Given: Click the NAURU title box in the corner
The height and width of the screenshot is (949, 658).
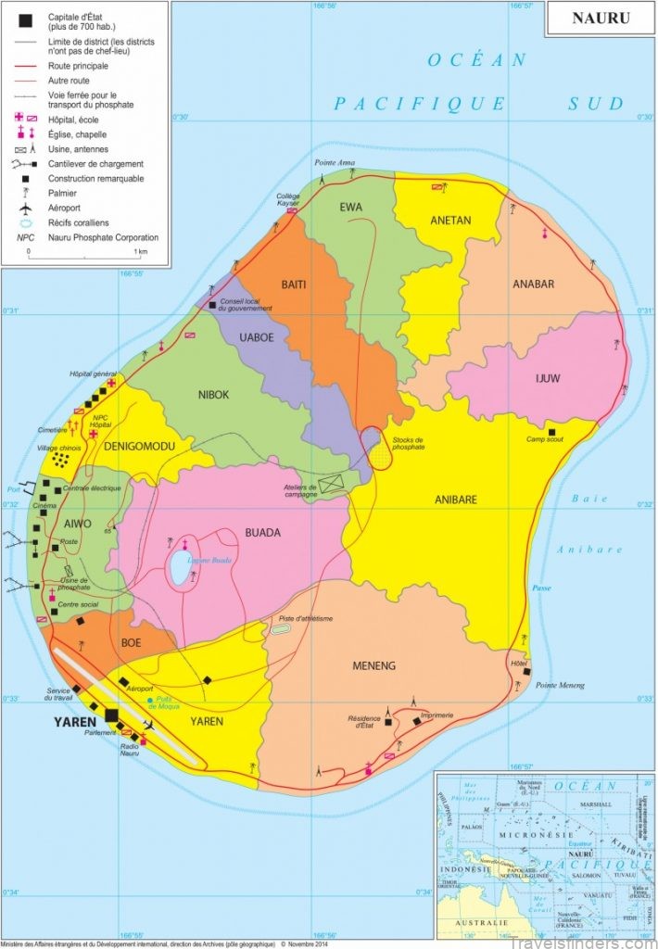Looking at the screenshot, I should click(601, 18).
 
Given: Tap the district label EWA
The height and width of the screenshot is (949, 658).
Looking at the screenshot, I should click(350, 207).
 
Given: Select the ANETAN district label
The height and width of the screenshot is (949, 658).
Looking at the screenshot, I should click(451, 221).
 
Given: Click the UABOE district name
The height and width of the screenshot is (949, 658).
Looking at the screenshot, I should click(257, 337).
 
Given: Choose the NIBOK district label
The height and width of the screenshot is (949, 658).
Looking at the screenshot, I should click(212, 395).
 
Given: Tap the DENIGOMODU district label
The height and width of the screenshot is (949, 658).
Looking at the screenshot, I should click(141, 447).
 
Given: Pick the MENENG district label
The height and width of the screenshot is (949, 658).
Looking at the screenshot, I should click(374, 665).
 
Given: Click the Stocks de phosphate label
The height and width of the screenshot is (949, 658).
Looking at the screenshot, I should click(408, 443).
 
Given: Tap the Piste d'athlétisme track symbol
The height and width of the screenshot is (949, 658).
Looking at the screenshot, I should click(281, 628).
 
